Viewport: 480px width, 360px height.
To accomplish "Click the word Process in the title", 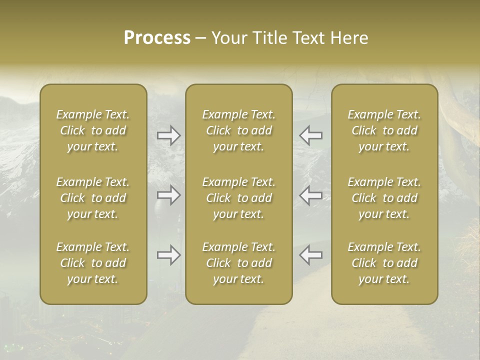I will pyautogui.click(x=157, y=38).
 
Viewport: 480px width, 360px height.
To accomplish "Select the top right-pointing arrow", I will pyautogui.click(x=168, y=135).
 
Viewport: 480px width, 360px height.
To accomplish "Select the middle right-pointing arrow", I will pyautogui.click(x=168, y=194).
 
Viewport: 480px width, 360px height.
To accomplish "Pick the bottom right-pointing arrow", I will pyautogui.click(x=168, y=255).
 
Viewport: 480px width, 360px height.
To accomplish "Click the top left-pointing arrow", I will pyautogui.click(x=311, y=135).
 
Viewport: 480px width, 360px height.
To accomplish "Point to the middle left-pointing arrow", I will pyautogui.click(x=311, y=194).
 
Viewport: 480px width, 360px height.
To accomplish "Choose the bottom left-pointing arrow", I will pyautogui.click(x=311, y=255).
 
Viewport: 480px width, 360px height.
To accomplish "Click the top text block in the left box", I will pyautogui.click(x=93, y=130).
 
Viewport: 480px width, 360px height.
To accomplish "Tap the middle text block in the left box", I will pyautogui.click(x=93, y=198).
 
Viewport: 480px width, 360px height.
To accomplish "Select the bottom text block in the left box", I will pyautogui.click(x=93, y=263).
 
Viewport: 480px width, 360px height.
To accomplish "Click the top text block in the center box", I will pyautogui.click(x=239, y=130).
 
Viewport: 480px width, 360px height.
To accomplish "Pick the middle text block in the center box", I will pyautogui.click(x=239, y=198).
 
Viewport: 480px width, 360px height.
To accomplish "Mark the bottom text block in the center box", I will pyautogui.click(x=239, y=263).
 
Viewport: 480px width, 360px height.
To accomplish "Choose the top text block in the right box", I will pyautogui.click(x=384, y=130).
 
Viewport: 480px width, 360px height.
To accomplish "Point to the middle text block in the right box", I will pyautogui.click(x=384, y=198).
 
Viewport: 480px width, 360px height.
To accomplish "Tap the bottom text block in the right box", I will pyautogui.click(x=384, y=263).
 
